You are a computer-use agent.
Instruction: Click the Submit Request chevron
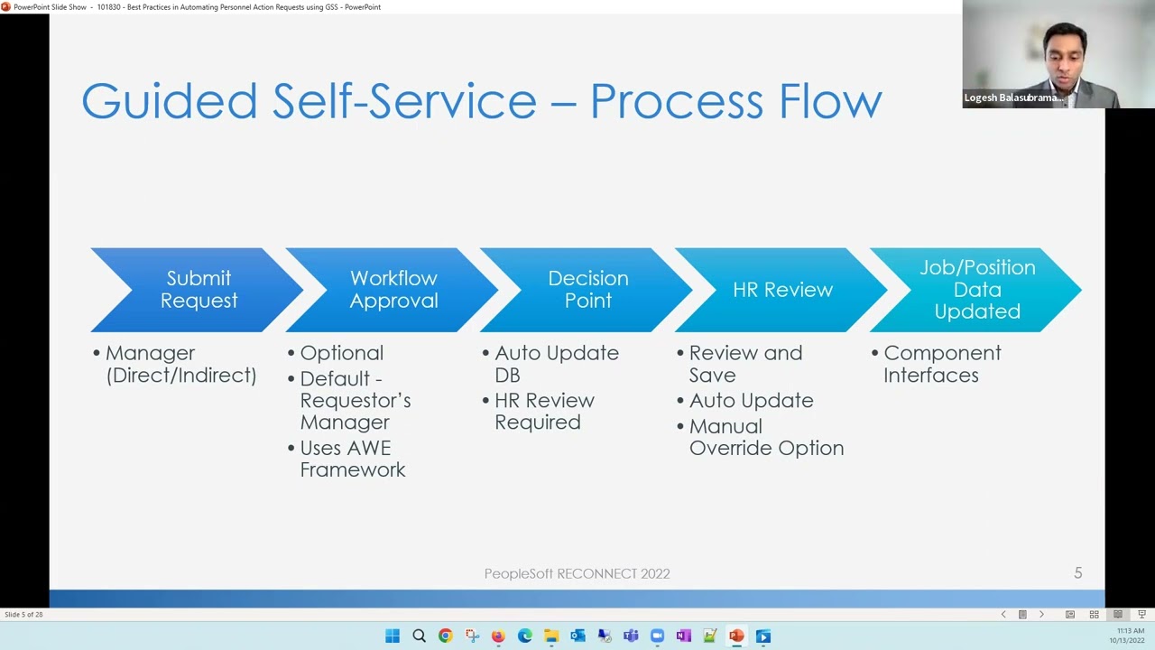(x=199, y=290)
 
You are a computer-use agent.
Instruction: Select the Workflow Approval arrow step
(x=393, y=290)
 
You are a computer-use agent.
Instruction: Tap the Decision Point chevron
(x=587, y=290)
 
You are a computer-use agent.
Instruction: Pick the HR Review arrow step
(x=782, y=290)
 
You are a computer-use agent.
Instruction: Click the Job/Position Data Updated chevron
(x=977, y=290)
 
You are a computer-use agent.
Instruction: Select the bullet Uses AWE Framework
(x=353, y=459)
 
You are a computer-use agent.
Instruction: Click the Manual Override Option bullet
(x=766, y=437)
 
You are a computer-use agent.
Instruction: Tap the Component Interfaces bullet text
(x=941, y=364)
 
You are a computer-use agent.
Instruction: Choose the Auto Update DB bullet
(x=556, y=364)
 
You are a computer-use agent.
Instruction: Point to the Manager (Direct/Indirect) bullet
(x=180, y=364)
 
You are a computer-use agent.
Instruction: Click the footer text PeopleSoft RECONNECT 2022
(x=577, y=573)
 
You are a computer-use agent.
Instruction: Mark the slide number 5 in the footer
(x=1077, y=573)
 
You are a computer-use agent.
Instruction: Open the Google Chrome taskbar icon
(x=445, y=636)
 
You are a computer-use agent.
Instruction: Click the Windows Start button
(x=393, y=636)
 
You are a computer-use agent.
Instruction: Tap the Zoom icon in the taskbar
(x=657, y=636)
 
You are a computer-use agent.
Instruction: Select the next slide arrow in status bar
(x=1041, y=615)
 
